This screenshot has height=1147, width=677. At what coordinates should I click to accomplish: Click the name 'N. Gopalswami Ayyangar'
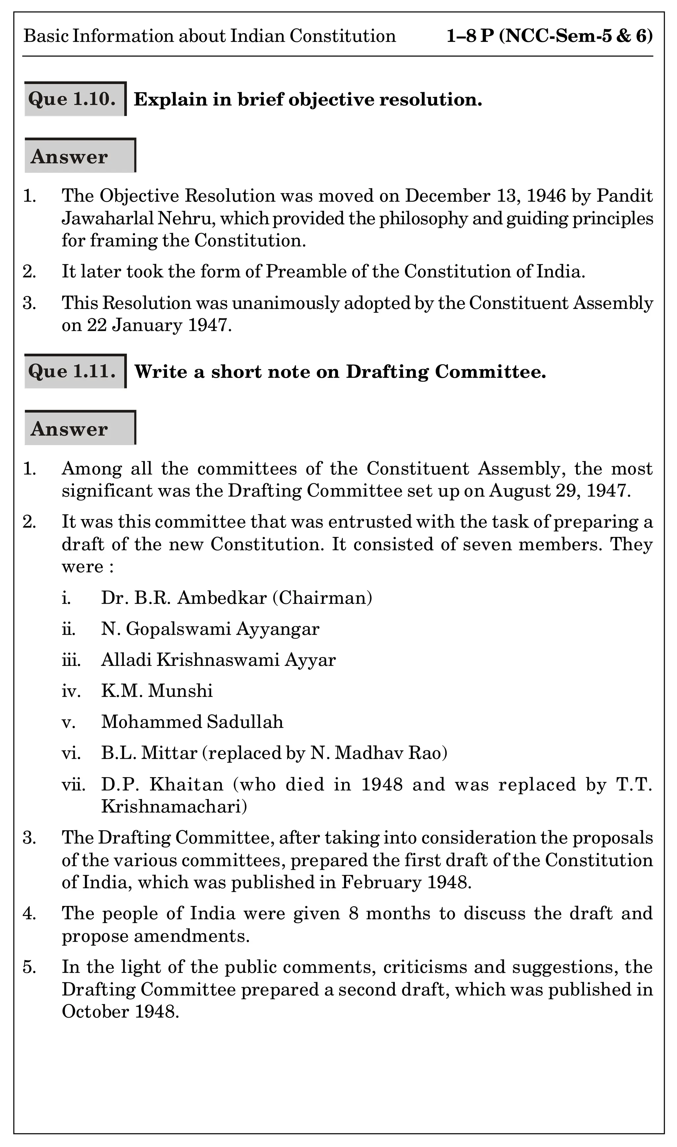point(210,629)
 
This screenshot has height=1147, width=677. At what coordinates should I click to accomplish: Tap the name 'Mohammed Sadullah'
point(192,722)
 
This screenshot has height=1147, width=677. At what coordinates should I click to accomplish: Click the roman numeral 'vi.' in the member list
point(71,753)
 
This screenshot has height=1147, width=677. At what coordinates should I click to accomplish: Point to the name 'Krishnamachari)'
point(174,807)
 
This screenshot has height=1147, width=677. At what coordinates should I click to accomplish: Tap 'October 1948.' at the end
point(120,1012)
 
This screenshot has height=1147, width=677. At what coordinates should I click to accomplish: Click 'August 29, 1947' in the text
point(559,491)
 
